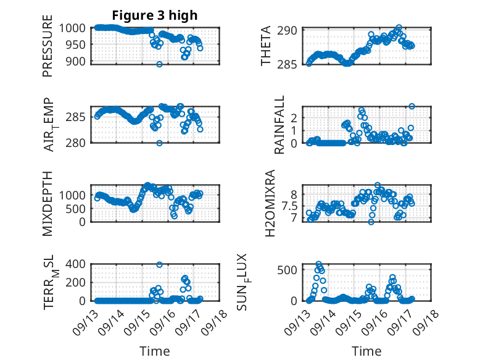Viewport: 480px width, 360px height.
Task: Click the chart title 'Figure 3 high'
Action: [x=155, y=15]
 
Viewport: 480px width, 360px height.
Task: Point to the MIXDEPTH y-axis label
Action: [x=48, y=203]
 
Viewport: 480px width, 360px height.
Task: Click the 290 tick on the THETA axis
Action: [x=290, y=30]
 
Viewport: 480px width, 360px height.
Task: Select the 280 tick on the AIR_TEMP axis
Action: [x=78, y=143]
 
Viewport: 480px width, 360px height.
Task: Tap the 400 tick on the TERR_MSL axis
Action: [x=78, y=264]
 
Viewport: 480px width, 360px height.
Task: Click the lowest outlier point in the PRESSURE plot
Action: [x=159, y=64]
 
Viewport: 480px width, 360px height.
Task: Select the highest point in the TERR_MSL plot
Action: [x=159, y=264]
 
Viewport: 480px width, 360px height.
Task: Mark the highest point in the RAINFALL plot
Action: [x=412, y=106]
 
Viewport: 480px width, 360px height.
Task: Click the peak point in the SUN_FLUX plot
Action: [x=319, y=264]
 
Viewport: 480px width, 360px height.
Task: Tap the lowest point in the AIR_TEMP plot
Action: [x=159, y=143]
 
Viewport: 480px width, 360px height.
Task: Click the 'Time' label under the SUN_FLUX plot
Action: [x=366, y=351]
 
